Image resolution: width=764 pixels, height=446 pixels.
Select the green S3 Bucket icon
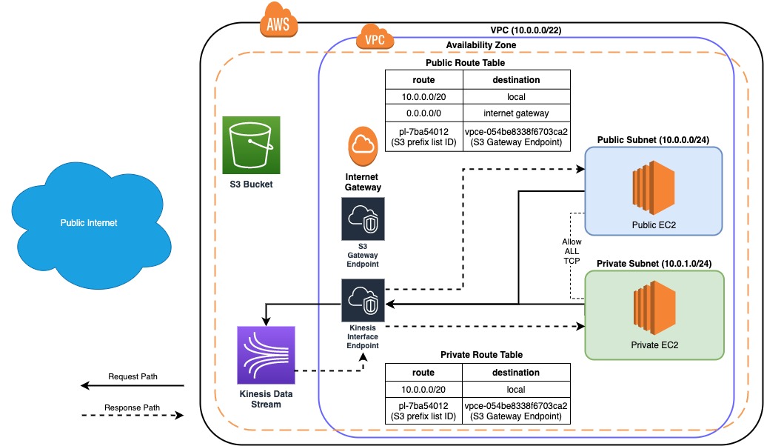[251, 144]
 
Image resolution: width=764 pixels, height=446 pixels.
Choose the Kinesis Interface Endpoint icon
[363, 299]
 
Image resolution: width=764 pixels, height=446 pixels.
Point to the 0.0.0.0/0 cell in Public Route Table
[423, 113]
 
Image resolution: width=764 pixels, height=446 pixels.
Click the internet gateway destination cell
[516, 113]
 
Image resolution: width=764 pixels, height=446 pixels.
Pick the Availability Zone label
[480, 45]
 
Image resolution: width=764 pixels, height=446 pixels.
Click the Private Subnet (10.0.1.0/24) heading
[653, 263]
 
